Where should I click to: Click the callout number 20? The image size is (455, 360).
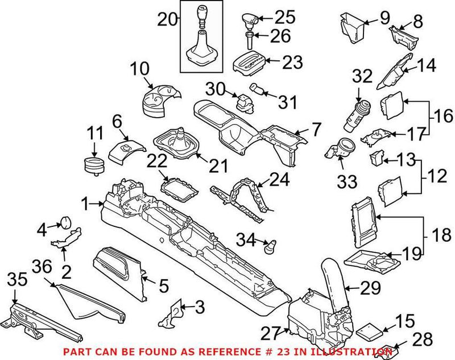click(x=168, y=20)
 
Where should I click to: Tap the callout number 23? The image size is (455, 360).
click(x=293, y=62)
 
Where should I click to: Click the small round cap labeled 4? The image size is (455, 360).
click(x=65, y=221)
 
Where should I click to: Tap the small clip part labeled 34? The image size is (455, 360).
click(x=271, y=247)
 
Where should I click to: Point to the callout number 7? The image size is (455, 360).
click(x=316, y=129)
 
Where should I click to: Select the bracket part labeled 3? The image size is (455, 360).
click(x=173, y=313)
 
